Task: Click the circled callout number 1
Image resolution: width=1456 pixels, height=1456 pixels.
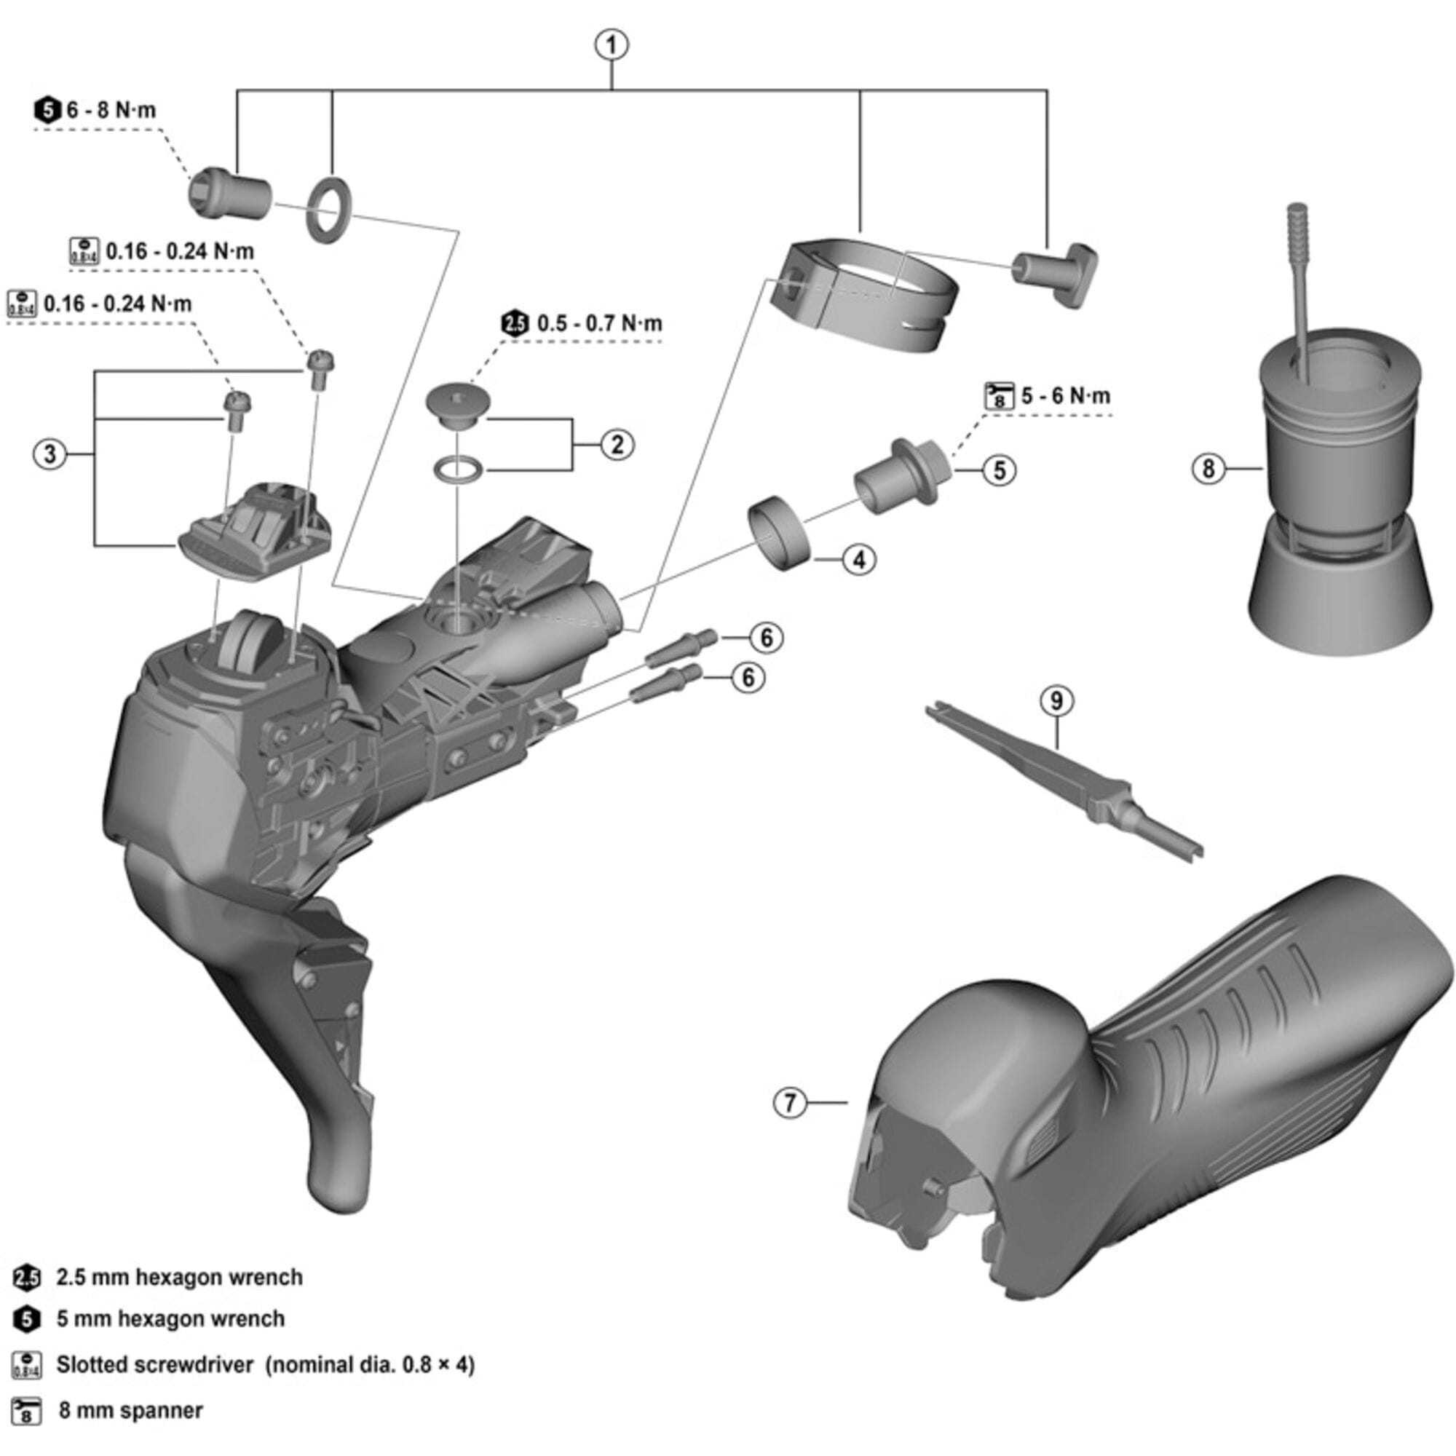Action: pyautogui.click(x=612, y=45)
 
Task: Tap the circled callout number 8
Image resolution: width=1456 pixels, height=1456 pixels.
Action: pyautogui.click(x=1208, y=469)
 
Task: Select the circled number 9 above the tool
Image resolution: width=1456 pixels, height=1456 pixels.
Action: pyautogui.click(x=1056, y=701)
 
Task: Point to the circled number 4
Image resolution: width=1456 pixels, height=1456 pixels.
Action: pyautogui.click(x=859, y=560)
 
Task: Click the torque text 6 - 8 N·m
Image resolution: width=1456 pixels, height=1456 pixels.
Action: pyautogui.click(x=111, y=111)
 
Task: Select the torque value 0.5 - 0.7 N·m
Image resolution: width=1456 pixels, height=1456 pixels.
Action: pyautogui.click(x=599, y=324)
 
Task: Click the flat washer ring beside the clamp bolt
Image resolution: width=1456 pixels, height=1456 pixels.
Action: pyautogui.click(x=328, y=210)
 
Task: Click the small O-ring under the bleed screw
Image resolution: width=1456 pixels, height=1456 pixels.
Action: pyautogui.click(x=456, y=469)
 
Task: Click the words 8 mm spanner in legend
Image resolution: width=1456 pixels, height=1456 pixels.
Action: pyautogui.click(x=130, y=1411)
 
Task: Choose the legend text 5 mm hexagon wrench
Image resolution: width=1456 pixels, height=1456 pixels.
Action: pyautogui.click(x=170, y=1319)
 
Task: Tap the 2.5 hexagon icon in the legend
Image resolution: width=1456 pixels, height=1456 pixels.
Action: pyautogui.click(x=26, y=1278)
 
